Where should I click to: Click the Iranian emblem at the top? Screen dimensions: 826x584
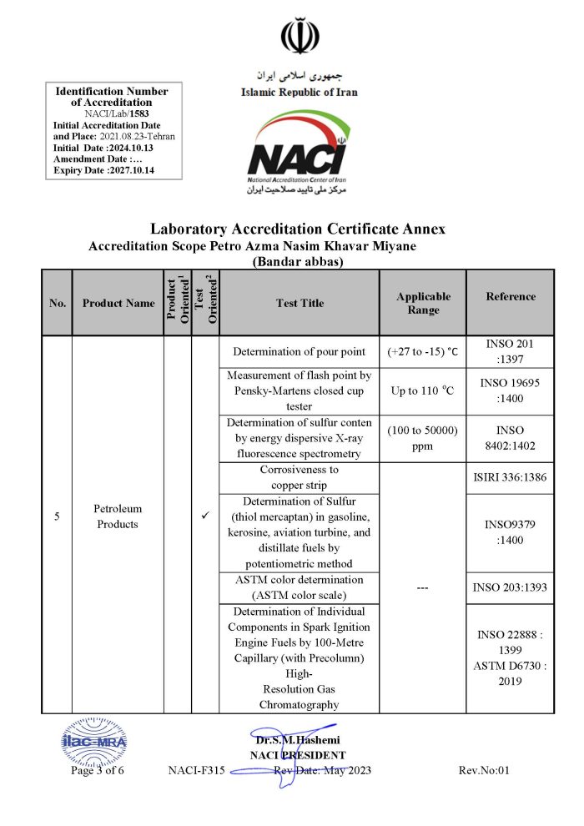pyautogui.click(x=299, y=36)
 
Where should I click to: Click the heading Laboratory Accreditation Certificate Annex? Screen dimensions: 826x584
pyautogui.click(x=298, y=229)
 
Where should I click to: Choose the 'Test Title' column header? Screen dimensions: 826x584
pyautogui.click(x=300, y=303)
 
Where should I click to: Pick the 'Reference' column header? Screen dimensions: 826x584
pyautogui.click(x=511, y=296)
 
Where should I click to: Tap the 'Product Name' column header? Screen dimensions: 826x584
pyautogui.click(x=118, y=303)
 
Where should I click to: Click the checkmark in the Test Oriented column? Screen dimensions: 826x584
pyautogui.click(x=205, y=517)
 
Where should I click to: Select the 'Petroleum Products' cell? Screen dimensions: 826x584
pyautogui.click(x=118, y=516)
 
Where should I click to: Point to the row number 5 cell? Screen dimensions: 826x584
pyautogui.click(x=57, y=517)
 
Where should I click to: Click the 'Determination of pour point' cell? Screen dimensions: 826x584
pyautogui.click(x=300, y=351)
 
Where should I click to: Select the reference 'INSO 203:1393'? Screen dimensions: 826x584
pyautogui.click(x=510, y=587)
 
